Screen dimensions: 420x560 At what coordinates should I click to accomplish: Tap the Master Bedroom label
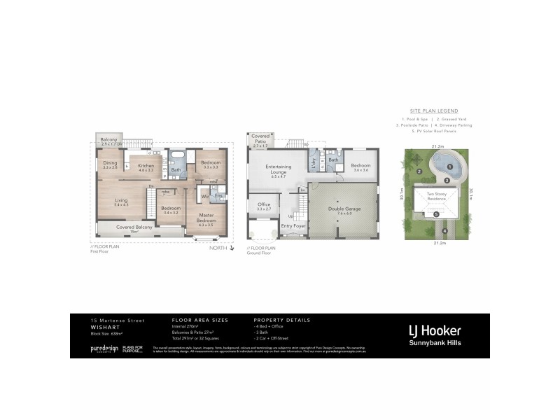pyautogui.click(x=206, y=218)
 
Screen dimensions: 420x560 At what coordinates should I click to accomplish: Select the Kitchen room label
pyautogui.click(x=146, y=167)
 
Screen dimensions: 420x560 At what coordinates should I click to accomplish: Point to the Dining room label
pyautogui.click(x=109, y=164)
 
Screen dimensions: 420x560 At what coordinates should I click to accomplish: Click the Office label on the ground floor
pyautogui.click(x=264, y=206)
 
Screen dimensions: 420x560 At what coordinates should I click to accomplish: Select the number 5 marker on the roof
pyautogui.click(x=435, y=214)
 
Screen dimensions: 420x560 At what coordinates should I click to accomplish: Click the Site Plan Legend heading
pyautogui.click(x=434, y=111)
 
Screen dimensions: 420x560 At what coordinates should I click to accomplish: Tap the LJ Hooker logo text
pyautogui.click(x=435, y=330)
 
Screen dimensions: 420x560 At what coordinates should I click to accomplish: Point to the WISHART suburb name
pyautogui.click(x=103, y=327)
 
